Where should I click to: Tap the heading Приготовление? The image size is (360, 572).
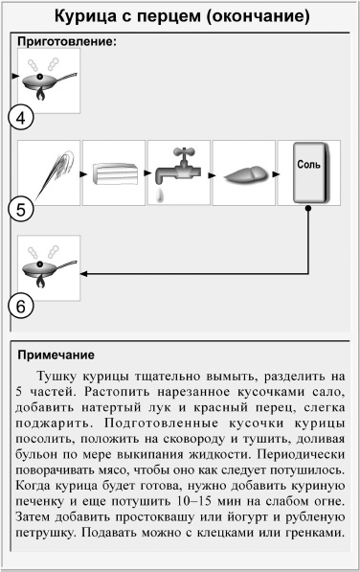(67, 43)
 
